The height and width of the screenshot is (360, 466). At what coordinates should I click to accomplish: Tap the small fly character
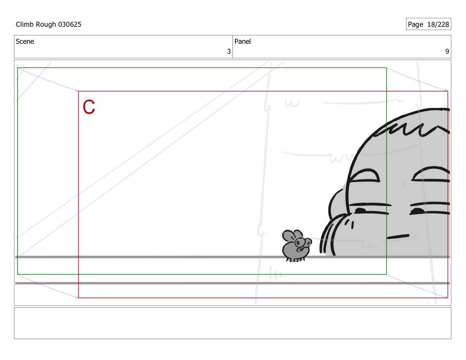click(x=296, y=246)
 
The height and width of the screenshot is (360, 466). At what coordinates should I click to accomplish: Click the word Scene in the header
click(x=25, y=41)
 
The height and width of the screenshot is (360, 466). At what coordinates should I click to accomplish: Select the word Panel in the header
click(x=242, y=41)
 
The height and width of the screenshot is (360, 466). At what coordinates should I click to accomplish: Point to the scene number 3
click(x=229, y=51)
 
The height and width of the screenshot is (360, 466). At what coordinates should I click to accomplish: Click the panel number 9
click(x=447, y=51)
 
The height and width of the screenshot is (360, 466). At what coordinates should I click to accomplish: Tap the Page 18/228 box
click(x=428, y=24)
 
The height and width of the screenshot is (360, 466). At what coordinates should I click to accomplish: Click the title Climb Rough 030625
click(x=49, y=24)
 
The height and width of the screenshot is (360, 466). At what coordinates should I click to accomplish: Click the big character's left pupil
click(x=360, y=211)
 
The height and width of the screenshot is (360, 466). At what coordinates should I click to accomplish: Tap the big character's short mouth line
click(x=398, y=237)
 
